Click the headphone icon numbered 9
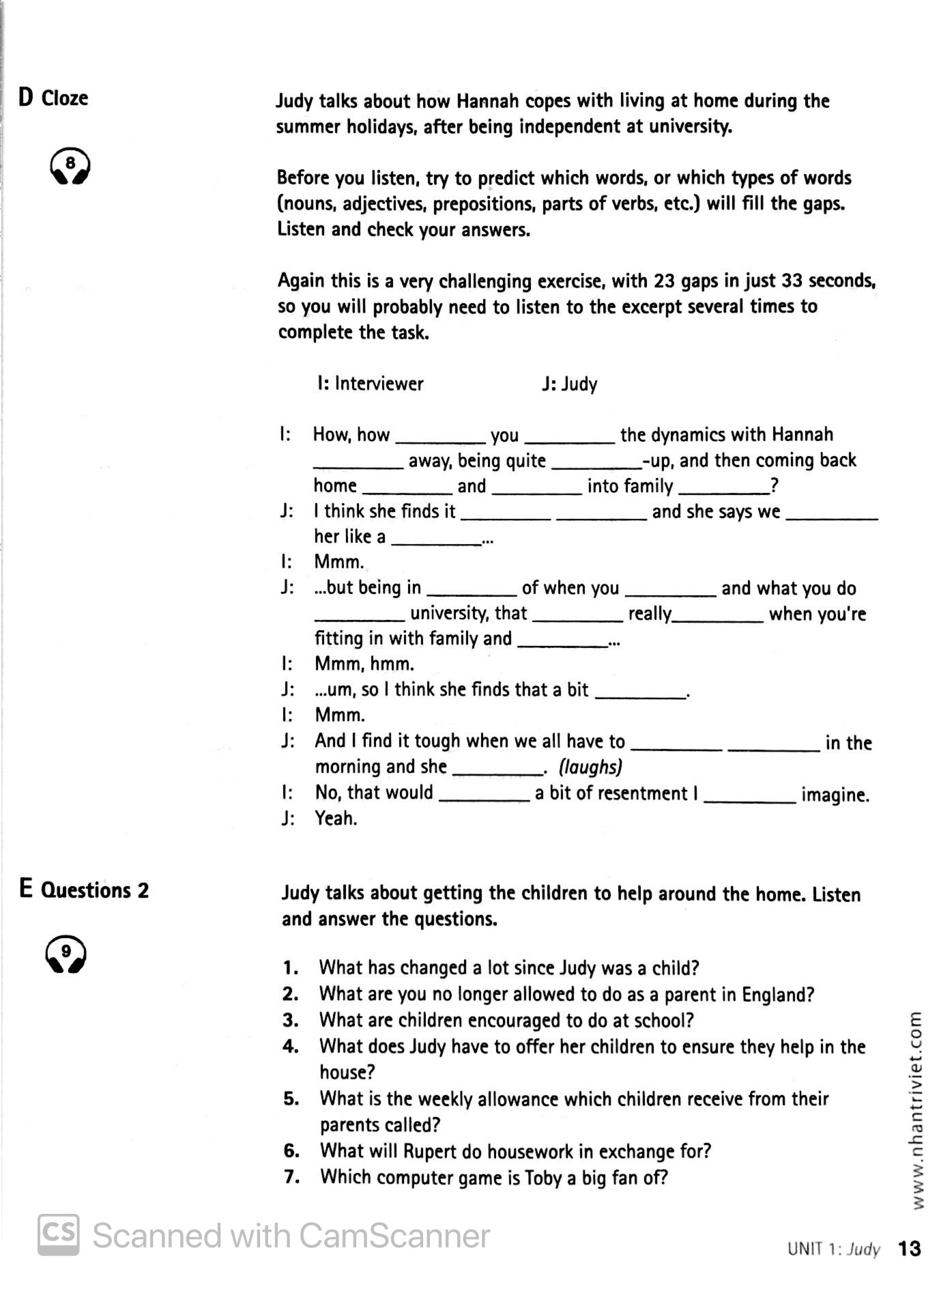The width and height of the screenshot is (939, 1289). (66, 953)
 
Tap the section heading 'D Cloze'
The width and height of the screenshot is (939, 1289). (53, 98)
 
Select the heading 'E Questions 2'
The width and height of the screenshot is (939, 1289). (84, 890)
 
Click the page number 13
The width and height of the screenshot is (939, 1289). (909, 1249)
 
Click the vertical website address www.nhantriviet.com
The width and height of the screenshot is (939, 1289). (916, 1110)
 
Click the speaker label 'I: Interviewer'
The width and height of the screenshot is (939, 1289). (371, 384)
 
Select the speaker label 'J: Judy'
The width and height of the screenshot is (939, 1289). (570, 384)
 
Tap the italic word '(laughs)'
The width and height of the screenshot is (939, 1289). (590, 767)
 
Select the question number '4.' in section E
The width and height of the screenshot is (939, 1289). (291, 1047)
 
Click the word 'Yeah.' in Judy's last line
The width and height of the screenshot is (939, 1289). (336, 818)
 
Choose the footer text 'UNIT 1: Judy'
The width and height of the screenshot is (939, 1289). (833, 1249)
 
